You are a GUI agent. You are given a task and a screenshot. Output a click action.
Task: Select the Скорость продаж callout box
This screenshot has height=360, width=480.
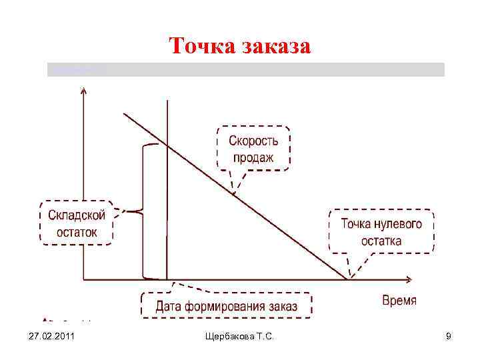pos(253,149)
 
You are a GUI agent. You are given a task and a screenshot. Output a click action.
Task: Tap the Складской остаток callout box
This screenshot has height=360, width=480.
pos(77,223)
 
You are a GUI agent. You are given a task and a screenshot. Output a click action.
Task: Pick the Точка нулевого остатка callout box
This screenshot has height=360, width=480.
pos(381,232)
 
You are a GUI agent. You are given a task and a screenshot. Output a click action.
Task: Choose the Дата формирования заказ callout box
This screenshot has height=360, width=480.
pos(227,307)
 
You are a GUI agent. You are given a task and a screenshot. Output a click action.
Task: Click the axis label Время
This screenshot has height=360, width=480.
pos(399,301)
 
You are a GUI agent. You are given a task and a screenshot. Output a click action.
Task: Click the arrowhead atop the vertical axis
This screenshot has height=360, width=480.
pos(82,90)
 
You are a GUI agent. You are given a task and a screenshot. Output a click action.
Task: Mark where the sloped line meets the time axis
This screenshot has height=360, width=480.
pos(347,278)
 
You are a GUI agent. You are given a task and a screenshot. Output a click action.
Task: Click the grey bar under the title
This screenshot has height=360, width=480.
pos(245,69)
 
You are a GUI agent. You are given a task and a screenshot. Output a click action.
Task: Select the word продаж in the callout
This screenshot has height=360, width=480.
pos(253,158)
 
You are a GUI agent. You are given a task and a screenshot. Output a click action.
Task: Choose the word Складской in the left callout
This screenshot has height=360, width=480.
pos(77,215)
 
